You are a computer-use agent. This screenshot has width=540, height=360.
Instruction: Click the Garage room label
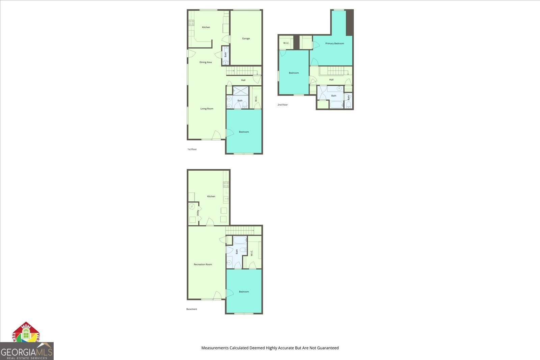click(246, 38)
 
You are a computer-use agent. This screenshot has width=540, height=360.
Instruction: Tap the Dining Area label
click(206, 62)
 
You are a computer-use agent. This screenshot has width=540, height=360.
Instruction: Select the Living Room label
click(207, 109)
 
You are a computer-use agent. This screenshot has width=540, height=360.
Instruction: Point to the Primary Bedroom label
click(334, 44)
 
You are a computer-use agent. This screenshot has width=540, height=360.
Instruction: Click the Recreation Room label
click(203, 265)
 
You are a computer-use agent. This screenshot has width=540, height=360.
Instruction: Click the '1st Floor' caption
click(192, 149)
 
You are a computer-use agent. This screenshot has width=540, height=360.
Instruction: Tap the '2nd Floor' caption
click(282, 105)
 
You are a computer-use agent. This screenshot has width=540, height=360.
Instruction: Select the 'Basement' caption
click(192, 309)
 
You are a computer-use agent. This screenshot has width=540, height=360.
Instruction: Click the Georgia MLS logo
click(27, 351)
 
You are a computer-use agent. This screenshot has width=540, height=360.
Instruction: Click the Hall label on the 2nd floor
click(331, 80)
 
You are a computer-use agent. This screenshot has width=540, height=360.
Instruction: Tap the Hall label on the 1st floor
click(243, 80)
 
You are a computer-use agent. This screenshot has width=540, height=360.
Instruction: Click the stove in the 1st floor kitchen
click(191, 23)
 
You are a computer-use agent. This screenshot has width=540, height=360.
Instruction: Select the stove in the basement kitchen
click(226, 185)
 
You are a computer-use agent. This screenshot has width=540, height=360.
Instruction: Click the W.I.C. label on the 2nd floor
click(286, 43)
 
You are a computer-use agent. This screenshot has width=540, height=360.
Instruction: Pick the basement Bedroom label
click(244, 292)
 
